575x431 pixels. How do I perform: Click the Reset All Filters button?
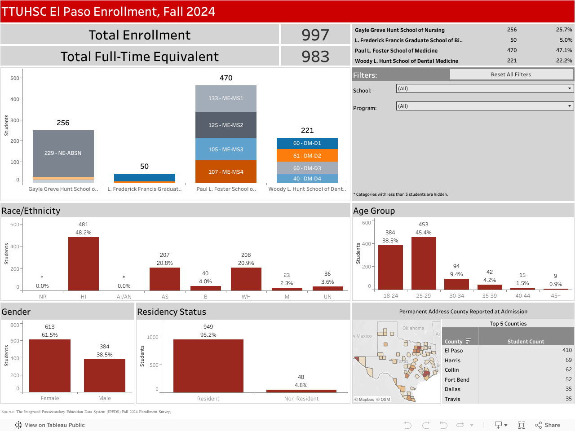click(511, 75)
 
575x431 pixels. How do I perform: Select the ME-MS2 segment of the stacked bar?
click(226, 125)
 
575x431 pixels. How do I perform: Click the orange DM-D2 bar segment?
click(307, 155)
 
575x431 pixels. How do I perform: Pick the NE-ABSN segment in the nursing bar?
click(63, 153)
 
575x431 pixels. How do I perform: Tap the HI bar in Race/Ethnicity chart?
click(84, 264)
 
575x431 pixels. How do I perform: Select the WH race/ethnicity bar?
click(246, 279)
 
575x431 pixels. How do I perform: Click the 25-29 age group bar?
click(424, 263)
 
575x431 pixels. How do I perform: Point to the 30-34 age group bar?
click(456, 284)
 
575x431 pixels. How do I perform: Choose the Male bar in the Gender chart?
click(105, 375)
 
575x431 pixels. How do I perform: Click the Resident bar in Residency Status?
click(208, 366)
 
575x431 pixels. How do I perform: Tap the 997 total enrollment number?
click(315, 35)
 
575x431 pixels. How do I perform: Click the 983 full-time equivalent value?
click(315, 57)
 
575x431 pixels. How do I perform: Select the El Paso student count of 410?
click(567, 350)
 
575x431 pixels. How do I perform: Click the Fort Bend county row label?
click(457, 380)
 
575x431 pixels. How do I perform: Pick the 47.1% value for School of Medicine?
click(564, 50)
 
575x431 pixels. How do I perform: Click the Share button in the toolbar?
click(548, 425)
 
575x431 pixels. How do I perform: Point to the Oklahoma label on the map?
click(413, 328)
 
